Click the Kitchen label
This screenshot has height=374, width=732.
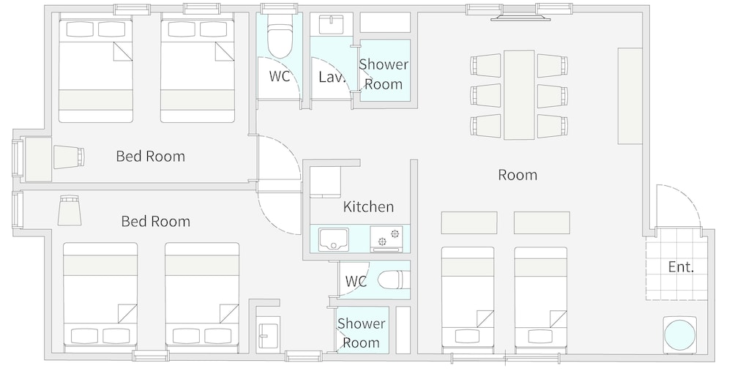pyautogui.click(x=368, y=206)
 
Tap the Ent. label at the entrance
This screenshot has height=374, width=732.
pyautogui.click(x=681, y=267)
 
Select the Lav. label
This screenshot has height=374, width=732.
pyautogui.click(x=332, y=77)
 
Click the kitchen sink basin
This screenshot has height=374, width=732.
pyautogui.click(x=333, y=239)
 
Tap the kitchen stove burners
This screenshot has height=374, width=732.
pyautogui.click(x=389, y=236)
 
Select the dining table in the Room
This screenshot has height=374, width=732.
pyautogui.click(x=519, y=95)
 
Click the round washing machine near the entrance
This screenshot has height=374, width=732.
pyautogui.click(x=680, y=334)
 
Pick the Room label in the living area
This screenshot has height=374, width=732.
pyautogui.click(x=518, y=175)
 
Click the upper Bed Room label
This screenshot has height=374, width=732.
pyautogui.click(x=150, y=156)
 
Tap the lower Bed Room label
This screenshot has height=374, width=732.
pyautogui.click(x=155, y=221)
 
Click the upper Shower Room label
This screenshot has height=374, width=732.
pyautogui.click(x=384, y=74)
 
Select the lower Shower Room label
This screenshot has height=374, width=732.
pyautogui.click(x=362, y=333)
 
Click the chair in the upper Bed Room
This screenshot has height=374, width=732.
pyautogui.click(x=69, y=157)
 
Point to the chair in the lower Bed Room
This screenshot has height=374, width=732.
pyautogui.click(x=70, y=211)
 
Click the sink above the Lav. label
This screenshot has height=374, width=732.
pyautogui.click(x=331, y=24)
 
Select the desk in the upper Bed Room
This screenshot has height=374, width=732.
pyautogui.click(x=37, y=159)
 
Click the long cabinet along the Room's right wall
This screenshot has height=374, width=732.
pyautogui.click(x=630, y=96)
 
